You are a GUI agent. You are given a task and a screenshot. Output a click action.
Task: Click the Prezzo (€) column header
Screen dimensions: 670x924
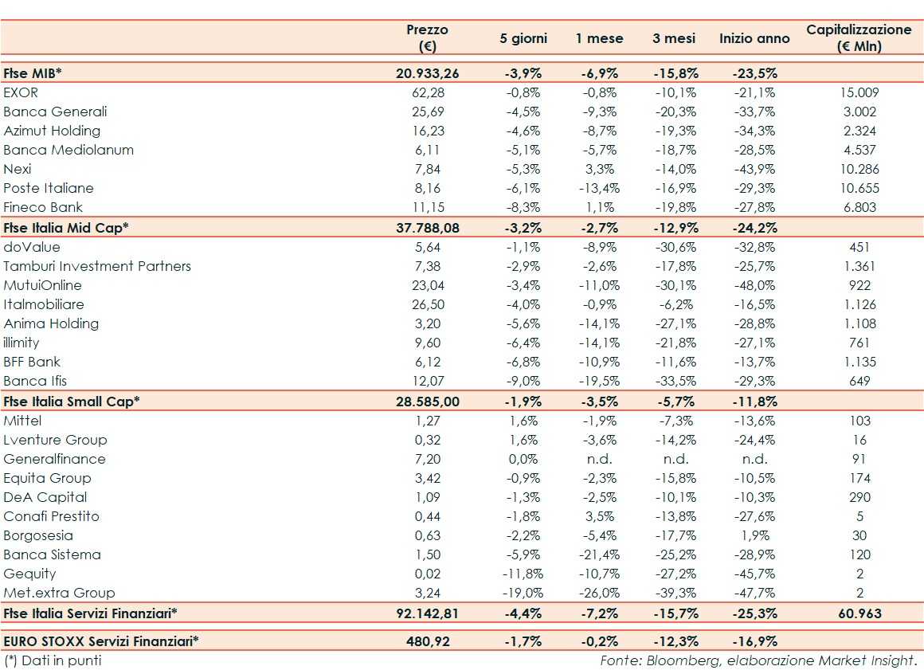(427, 37)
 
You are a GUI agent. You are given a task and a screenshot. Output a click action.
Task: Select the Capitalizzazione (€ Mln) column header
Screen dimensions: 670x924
(858, 37)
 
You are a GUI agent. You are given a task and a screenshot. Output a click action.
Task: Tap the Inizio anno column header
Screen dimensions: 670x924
(754, 38)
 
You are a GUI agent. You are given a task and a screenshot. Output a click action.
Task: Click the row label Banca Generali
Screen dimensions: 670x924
(55, 112)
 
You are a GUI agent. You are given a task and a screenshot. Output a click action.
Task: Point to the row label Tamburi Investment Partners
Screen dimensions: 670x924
(97, 266)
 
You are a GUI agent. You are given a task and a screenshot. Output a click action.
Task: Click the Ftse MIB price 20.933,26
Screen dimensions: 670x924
(427, 73)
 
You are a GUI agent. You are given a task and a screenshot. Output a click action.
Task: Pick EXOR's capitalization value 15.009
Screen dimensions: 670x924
(858, 92)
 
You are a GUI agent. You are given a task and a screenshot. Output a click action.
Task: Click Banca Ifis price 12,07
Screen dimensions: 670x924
(427, 381)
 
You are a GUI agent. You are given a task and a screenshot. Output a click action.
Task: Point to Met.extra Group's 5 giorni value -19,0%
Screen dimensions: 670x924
(522, 593)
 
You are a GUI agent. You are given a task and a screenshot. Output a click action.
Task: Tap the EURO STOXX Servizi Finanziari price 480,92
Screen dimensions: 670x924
(427, 641)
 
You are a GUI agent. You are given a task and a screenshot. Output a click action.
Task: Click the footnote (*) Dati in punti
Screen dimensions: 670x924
(53, 660)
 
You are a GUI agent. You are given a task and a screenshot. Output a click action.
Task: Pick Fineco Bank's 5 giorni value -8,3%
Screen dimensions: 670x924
(522, 207)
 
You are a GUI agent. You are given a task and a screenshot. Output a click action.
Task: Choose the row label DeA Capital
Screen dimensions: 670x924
(45, 497)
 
